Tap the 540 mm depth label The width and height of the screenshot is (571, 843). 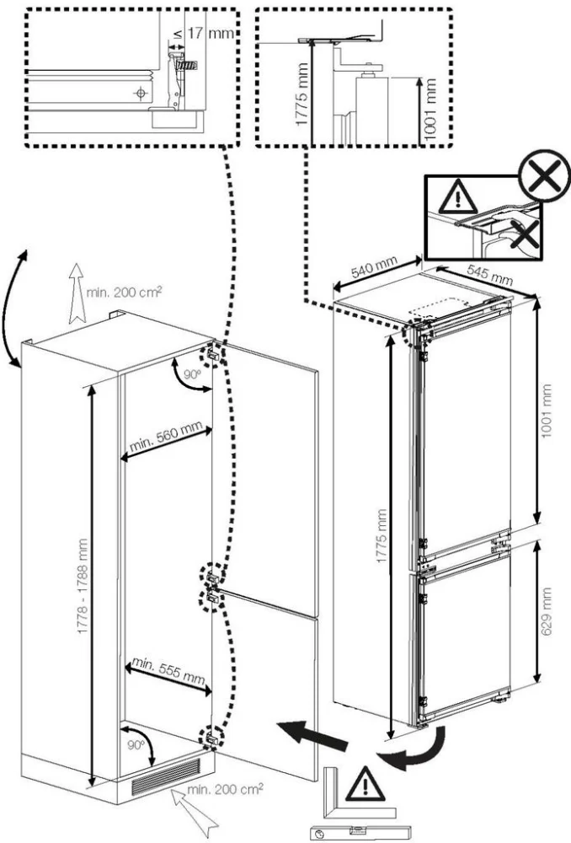[373, 271]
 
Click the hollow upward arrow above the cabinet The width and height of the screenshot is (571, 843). [75, 294]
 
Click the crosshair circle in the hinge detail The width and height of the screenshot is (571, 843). [141, 91]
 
